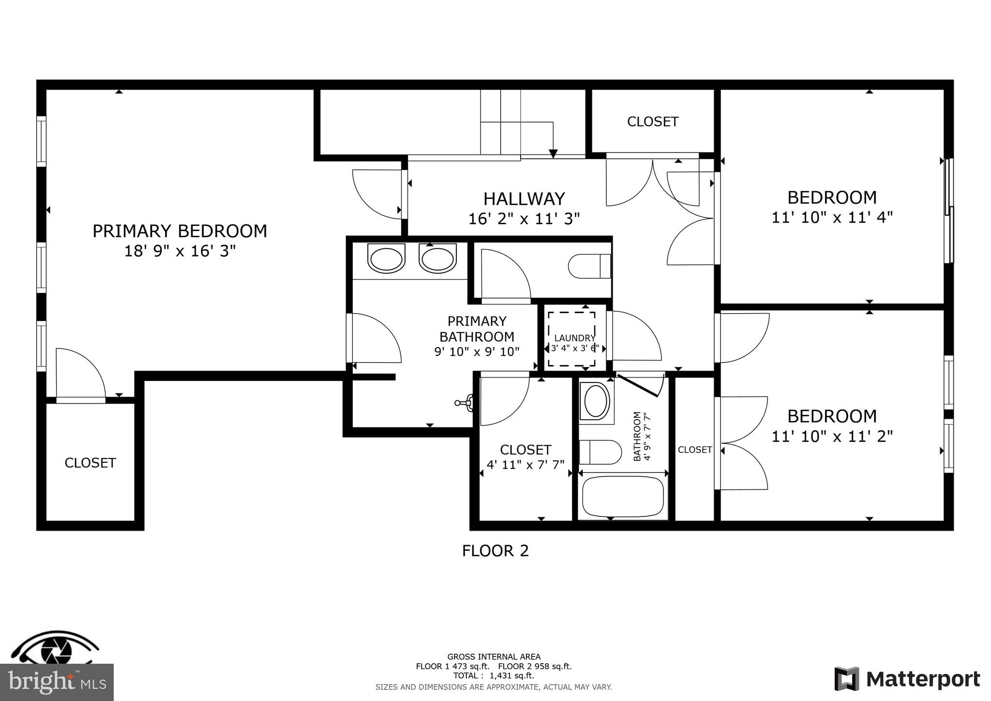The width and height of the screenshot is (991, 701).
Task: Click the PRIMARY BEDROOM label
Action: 180,231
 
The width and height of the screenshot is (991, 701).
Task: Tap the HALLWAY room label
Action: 524,199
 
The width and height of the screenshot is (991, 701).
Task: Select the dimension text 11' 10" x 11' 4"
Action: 832,217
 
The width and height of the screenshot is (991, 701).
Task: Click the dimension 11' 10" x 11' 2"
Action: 832,436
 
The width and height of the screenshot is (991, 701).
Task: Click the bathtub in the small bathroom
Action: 623,497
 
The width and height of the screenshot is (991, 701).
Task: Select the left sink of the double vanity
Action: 386,258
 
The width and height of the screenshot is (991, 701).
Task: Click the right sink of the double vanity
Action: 438,258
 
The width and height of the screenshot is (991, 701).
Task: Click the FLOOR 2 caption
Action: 495,551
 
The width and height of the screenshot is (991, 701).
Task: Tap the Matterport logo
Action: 907,679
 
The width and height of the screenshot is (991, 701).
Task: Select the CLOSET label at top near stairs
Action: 652,122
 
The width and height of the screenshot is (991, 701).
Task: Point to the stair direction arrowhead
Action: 553,154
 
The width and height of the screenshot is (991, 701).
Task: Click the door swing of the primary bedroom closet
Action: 80,373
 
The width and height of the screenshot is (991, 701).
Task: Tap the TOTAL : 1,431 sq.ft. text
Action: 494,676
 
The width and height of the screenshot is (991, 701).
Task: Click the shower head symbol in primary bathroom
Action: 465,402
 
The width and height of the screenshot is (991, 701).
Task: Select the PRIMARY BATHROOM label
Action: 477,329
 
